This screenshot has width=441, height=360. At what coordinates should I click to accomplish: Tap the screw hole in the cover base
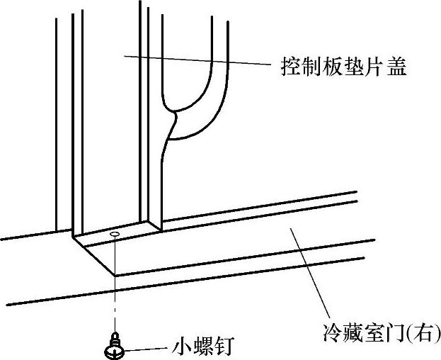[115, 232]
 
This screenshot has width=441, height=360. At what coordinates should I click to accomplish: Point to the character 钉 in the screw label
[225, 348]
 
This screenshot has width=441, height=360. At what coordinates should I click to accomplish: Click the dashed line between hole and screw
[114, 283]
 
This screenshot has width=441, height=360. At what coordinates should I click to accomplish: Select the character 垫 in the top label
[352, 68]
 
